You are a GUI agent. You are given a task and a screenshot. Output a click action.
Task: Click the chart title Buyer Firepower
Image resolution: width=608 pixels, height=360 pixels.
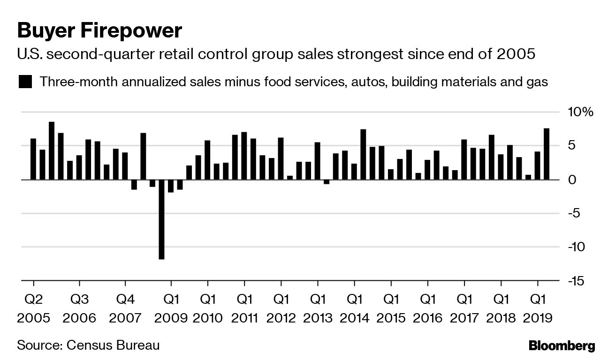(99, 31)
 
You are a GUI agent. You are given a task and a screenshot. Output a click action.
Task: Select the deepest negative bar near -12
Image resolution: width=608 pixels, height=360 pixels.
(161, 219)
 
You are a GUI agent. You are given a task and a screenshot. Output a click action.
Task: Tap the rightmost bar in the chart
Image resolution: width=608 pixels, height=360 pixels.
(547, 154)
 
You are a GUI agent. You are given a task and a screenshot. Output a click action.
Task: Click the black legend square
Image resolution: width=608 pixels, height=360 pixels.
(25, 82)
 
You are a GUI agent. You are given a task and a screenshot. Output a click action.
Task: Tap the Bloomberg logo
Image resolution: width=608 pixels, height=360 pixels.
(562, 346)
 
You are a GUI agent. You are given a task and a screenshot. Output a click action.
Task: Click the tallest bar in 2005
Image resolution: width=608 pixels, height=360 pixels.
(52, 150)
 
